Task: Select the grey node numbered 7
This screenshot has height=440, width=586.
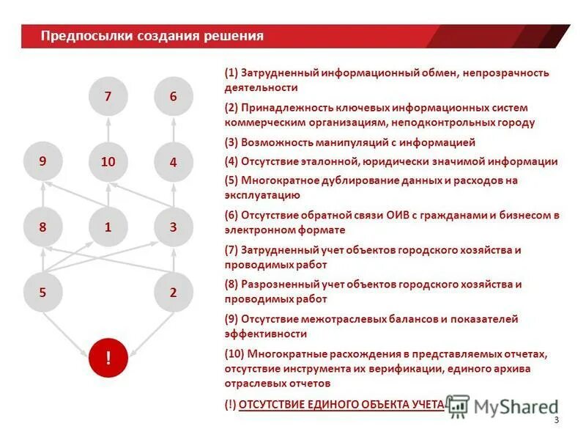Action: point(108,96)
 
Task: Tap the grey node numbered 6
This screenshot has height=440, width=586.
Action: point(174,96)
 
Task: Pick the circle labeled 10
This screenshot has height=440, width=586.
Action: point(108,162)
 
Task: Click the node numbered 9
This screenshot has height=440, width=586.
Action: point(42,162)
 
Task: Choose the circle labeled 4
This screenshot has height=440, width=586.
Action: point(174,162)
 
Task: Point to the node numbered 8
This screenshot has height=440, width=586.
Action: point(42,227)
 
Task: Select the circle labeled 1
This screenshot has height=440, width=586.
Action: point(108,227)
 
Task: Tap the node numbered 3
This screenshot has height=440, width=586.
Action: point(174,227)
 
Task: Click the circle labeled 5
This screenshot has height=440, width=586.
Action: point(42,293)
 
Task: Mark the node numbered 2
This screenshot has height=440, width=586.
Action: point(174,293)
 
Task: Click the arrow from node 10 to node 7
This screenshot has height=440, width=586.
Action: point(108,129)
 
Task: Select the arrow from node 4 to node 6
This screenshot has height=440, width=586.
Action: point(174,129)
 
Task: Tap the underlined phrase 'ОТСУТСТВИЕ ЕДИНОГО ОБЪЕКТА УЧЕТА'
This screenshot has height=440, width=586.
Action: point(341,404)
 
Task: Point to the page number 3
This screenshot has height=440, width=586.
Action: point(556,420)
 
